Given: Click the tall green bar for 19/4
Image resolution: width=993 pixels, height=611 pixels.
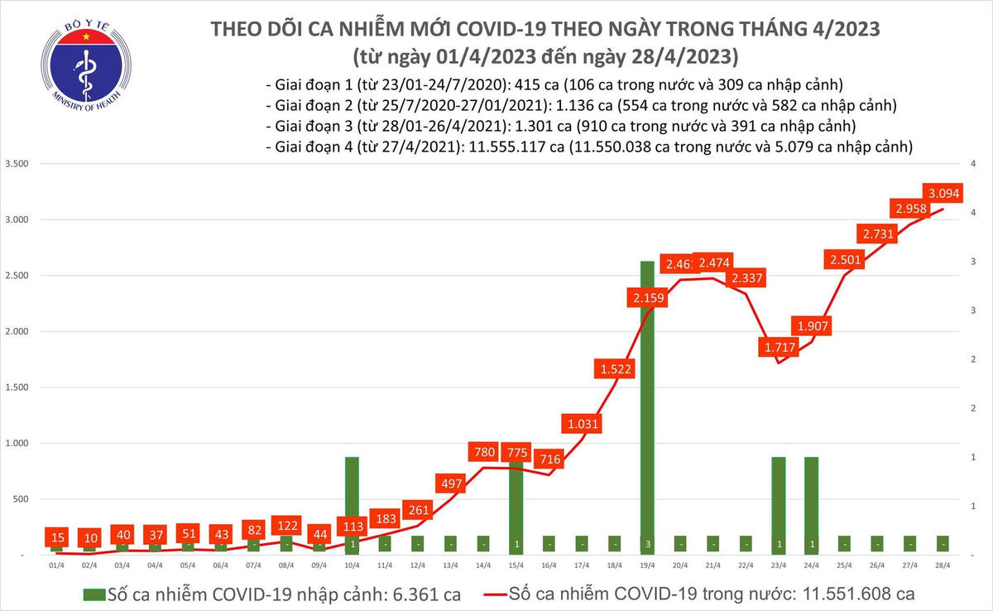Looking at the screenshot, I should tap(646, 406).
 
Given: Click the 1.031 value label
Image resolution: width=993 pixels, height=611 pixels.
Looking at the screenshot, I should tap(581, 425).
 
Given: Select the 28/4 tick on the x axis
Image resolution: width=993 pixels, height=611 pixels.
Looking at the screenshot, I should tap(942, 565).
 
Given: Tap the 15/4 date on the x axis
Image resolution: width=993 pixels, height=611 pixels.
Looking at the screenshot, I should tap(516, 565).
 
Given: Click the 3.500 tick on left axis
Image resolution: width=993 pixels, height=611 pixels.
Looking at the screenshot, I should tap(18, 164).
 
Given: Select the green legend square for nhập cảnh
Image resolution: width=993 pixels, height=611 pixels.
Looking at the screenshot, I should tap(94, 594).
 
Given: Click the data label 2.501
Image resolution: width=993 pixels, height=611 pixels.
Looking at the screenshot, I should tap(844, 260).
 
